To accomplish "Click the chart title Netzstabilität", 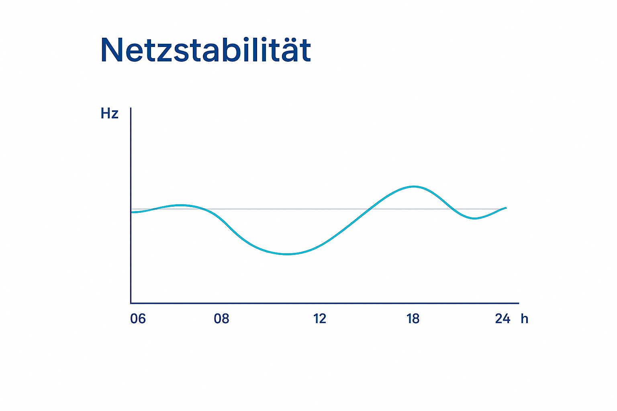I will [205, 51].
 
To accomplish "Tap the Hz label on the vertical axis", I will [109, 114].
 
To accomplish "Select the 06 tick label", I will [138, 319].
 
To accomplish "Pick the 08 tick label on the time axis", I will [221, 319].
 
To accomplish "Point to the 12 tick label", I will [320, 319].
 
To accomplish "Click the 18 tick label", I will [413, 319].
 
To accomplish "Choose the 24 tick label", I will [503, 319].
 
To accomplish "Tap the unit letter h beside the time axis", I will [524, 319].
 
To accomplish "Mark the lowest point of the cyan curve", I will [288, 254].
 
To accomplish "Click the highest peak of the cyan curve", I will [414, 187].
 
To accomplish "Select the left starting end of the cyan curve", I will [132, 212].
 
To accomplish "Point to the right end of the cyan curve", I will [506, 208].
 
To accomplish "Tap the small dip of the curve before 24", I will [474, 218].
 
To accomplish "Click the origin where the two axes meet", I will [131, 303].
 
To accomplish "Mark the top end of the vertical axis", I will [131, 108].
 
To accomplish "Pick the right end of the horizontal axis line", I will [518, 303].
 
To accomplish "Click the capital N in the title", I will [111, 51].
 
